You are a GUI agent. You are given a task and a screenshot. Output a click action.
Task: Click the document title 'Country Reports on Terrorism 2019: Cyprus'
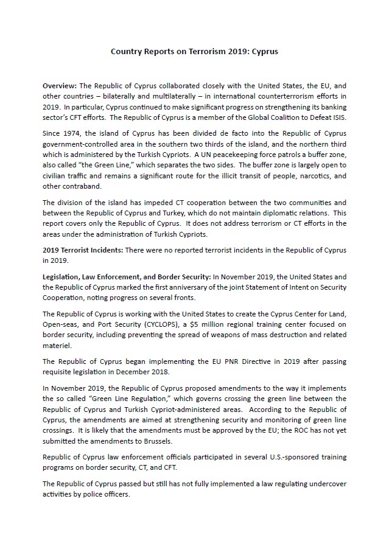click(x=194, y=52)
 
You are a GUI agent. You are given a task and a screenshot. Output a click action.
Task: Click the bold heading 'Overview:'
click(x=60, y=86)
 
